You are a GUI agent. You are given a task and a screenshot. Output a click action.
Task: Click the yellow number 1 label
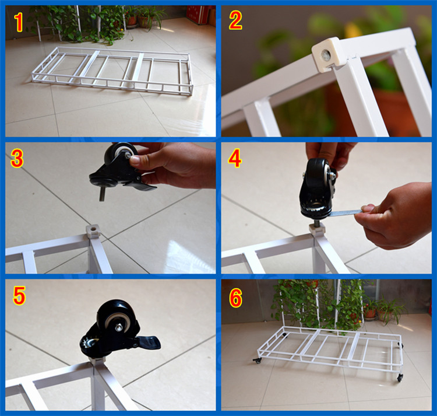pyautogui.click(x=19, y=22)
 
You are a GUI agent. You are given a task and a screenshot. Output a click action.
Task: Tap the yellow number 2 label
pyautogui.click(x=235, y=20)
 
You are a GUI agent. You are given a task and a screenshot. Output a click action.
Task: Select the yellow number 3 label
pyautogui.click(x=17, y=158)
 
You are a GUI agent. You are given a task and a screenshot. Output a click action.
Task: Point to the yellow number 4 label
pyautogui.click(x=235, y=159)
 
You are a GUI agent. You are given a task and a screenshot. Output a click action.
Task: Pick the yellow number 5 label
pyautogui.click(x=19, y=295)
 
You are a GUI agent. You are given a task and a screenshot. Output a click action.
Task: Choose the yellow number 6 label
pyautogui.click(x=235, y=298)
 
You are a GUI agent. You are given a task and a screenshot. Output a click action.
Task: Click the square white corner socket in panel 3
pyautogui.click(x=92, y=231)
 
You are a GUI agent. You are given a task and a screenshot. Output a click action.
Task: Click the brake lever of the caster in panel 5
pyautogui.click(x=147, y=342)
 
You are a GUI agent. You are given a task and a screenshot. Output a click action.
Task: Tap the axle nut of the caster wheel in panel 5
pyautogui.click(x=119, y=326)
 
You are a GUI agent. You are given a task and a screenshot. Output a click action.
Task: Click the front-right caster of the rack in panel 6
pyautogui.click(x=400, y=377)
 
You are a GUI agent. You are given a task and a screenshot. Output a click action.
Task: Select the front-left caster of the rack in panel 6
pyautogui.click(x=257, y=361)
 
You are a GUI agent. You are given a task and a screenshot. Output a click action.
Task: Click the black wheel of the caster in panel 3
pyautogui.click(x=121, y=154)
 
